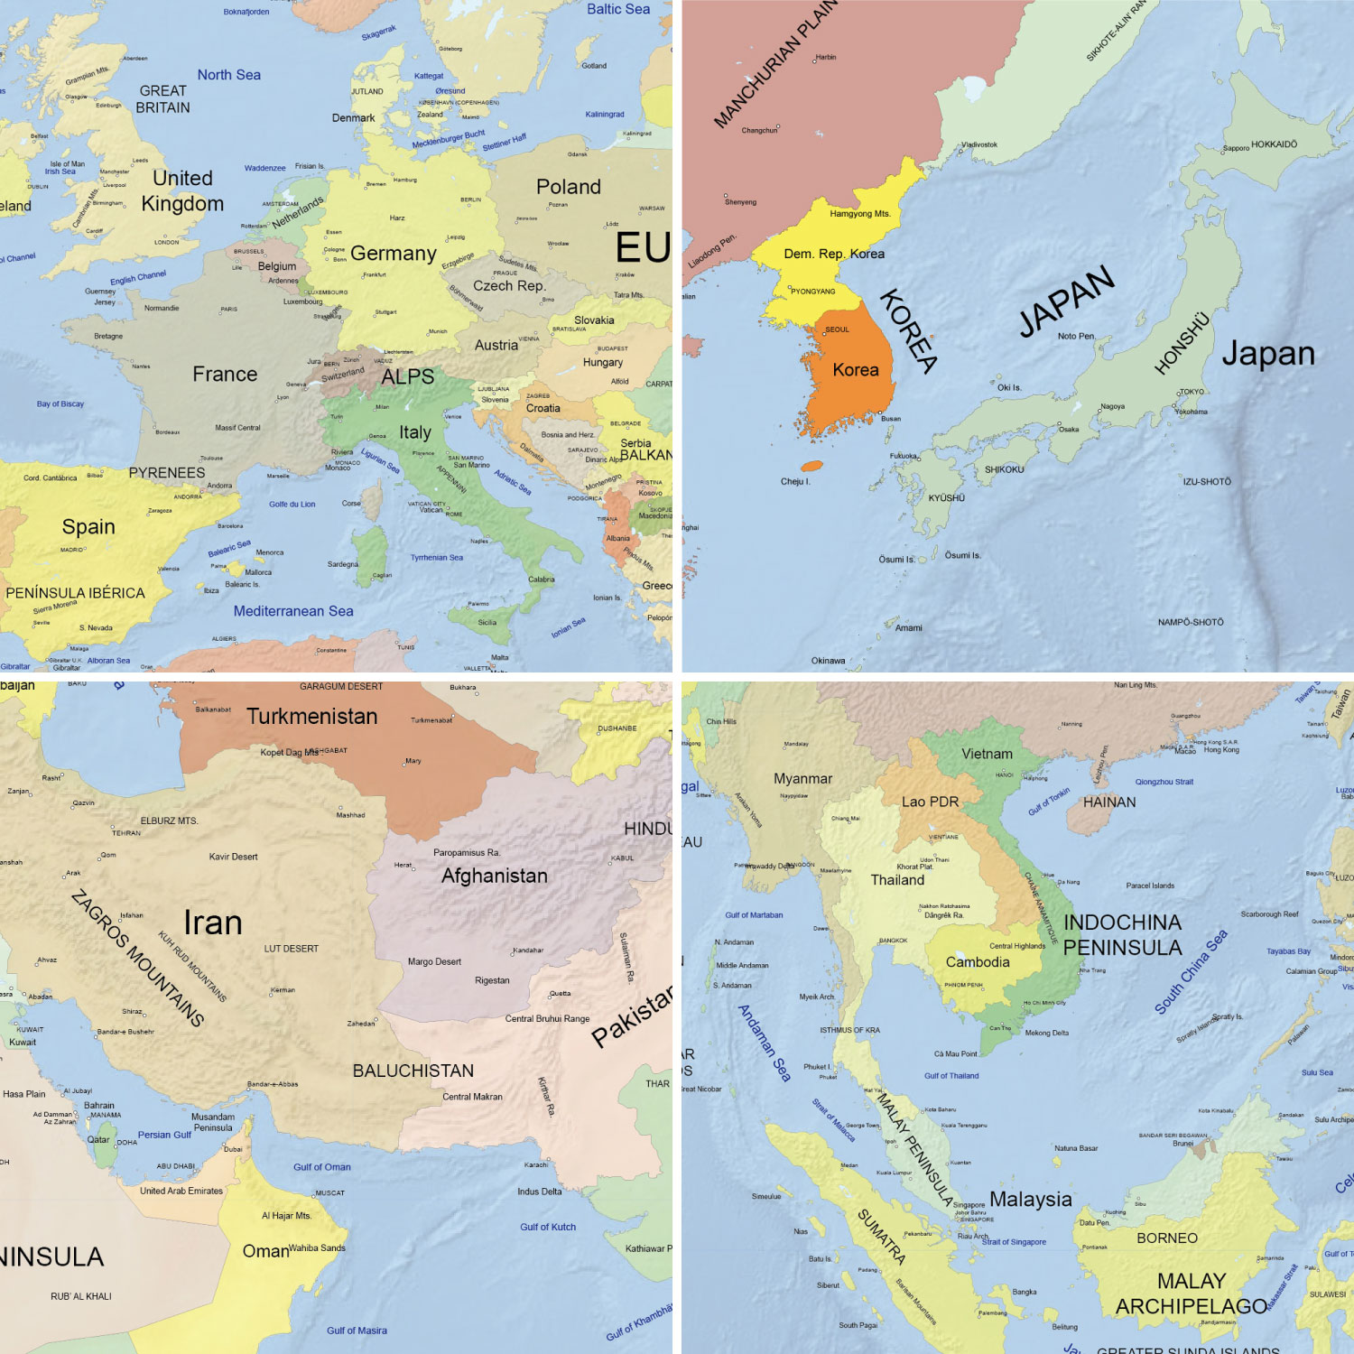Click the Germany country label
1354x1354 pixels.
click(394, 254)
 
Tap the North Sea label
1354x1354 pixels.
click(229, 75)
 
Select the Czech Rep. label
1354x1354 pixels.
click(509, 285)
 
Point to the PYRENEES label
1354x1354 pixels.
click(167, 473)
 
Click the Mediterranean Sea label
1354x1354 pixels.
click(293, 611)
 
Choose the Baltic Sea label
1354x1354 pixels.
click(618, 9)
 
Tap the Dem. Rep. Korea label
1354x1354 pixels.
click(834, 254)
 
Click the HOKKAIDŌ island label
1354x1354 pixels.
click(1274, 144)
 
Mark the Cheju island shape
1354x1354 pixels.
click(812, 467)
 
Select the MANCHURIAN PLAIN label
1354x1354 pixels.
click(776, 63)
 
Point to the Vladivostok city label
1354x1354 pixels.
click(979, 144)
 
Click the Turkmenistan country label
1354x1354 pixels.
click(312, 717)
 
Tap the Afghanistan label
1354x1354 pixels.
click(495, 876)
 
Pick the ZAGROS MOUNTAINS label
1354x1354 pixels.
click(137, 959)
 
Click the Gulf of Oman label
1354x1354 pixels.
click(322, 1167)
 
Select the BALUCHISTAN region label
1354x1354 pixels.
click(413, 1071)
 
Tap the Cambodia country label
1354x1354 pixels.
click(978, 962)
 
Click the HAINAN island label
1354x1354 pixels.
click(1109, 802)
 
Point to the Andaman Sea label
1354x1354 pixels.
click(765, 1043)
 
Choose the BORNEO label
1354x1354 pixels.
click(1167, 1238)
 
